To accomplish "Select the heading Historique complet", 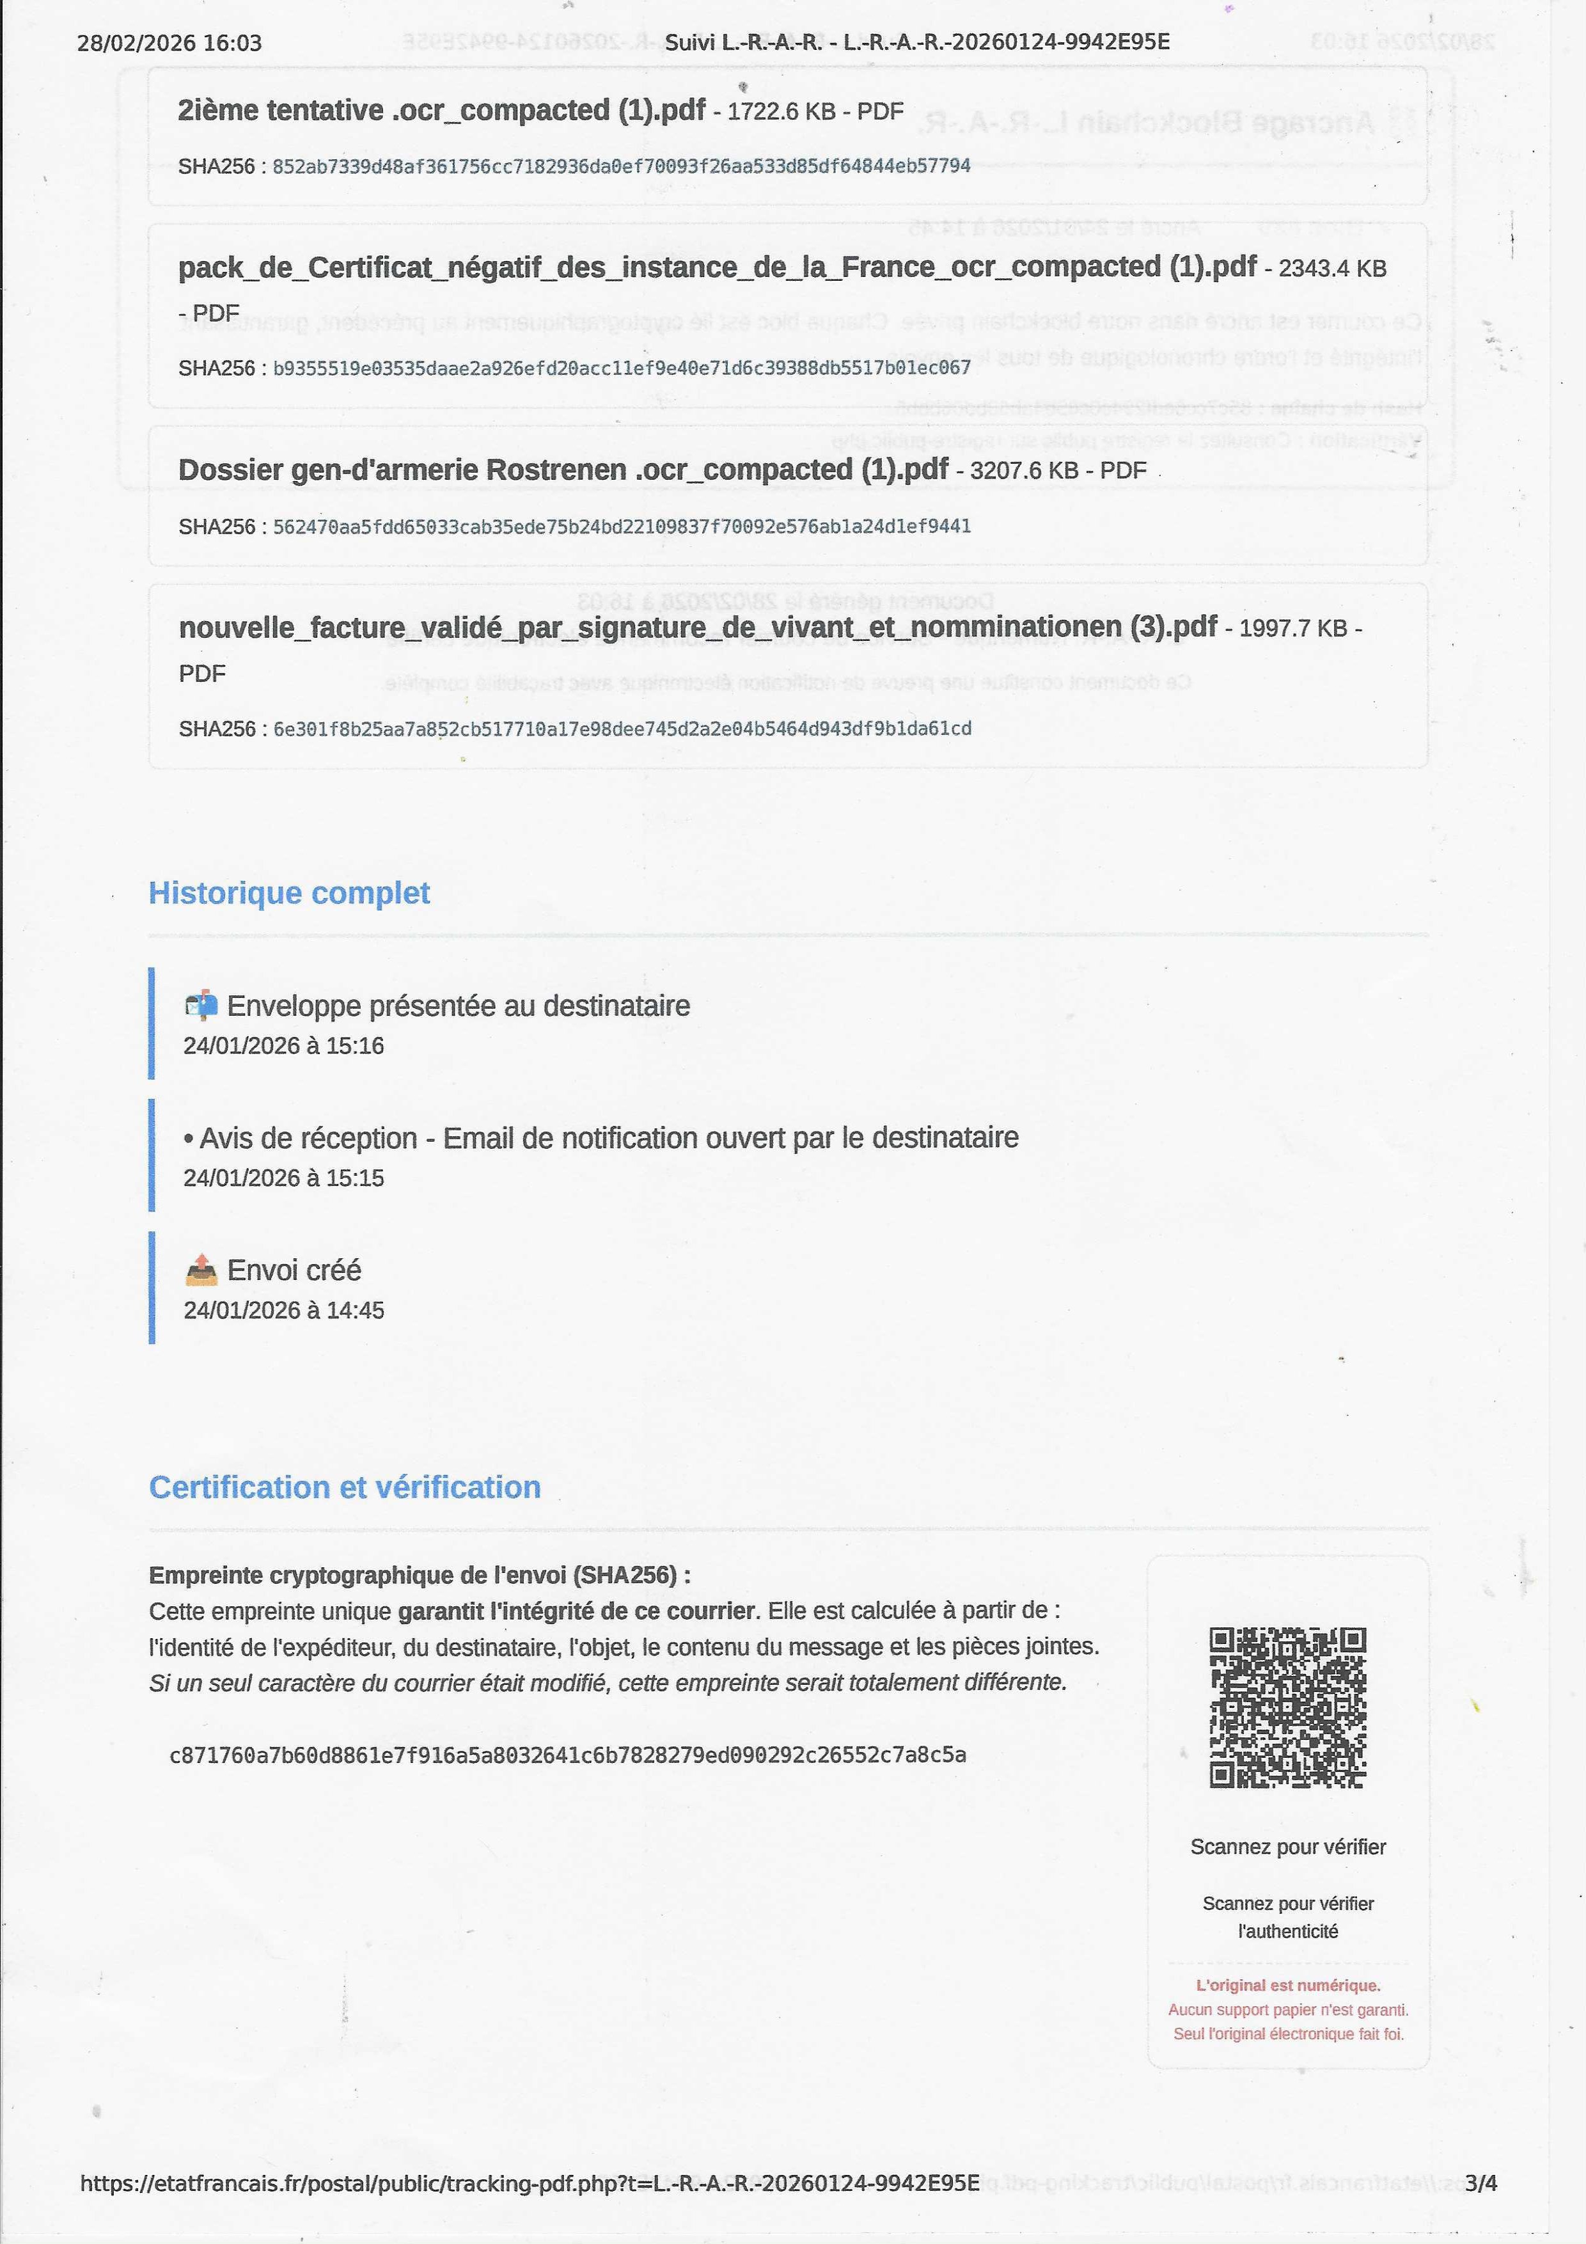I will pyautogui.click(x=289, y=893).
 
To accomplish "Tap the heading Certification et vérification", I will pyautogui.click(x=344, y=1487).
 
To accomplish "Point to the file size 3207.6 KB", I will pyautogui.click(x=1024, y=471).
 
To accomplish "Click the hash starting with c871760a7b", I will pyautogui.click(x=568, y=1755).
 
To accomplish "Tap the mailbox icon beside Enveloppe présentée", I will pyautogui.click(x=201, y=1006).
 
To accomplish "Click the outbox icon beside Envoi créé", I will pyautogui.click(x=201, y=1270).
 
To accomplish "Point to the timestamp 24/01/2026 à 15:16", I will pyautogui.click(x=283, y=1046).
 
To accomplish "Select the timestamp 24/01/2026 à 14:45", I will pyautogui.click(x=283, y=1311).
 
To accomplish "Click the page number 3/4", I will pyautogui.click(x=1480, y=2183).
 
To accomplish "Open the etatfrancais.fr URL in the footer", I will pyautogui.click(x=529, y=2183).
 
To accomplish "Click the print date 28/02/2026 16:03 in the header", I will pyautogui.click(x=169, y=43).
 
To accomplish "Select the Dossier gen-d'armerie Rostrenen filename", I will pyautogui.click(x=562, y=470).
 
